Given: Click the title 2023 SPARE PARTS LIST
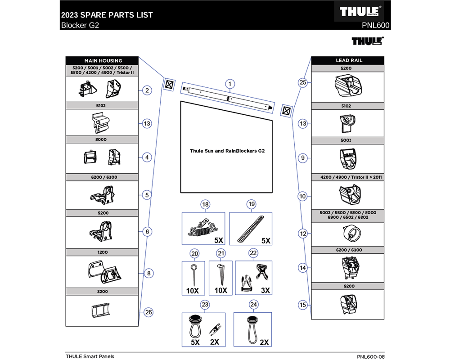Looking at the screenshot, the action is click(107, 15).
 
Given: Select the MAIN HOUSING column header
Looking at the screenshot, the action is click(103, 61).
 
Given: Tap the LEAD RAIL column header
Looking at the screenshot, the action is click(349, 60).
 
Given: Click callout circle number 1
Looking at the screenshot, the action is click(229, 84).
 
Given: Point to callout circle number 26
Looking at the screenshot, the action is click(148, 312).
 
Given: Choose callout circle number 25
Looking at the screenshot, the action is click(303, 82).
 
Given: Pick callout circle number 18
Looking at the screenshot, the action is click(205, 204).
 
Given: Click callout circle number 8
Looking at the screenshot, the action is click(148, 273).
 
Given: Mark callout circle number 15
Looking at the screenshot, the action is click(303, 305).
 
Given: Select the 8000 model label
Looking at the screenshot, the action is click(101, 139).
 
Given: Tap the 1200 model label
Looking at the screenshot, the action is click(103, 252).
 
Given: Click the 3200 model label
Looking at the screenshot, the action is click(103, 292).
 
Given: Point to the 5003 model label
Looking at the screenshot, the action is click(346, 140).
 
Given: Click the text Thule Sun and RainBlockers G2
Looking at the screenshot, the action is click(227, 151).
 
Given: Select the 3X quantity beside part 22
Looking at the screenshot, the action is click(265, 290).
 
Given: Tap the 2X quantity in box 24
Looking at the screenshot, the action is click(264, 342).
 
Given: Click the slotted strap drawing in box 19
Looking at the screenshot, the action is click(251, 229).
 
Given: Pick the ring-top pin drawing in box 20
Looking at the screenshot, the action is click(193, 275).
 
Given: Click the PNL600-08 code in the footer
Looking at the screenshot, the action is click(371, 356).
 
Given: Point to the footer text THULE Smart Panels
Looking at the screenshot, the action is click(90, 356).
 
